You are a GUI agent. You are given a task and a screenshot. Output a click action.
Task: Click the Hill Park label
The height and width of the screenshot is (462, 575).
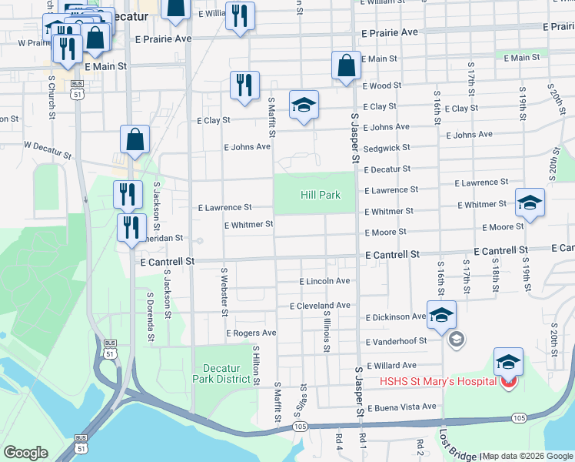coord(320,195)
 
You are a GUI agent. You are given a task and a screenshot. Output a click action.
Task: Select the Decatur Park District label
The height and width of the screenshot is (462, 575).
coord(222,373)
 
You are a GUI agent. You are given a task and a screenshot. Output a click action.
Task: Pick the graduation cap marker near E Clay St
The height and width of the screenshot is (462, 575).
coord(304,105)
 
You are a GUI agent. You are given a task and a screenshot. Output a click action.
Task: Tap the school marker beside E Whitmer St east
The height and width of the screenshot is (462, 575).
coord(530,203)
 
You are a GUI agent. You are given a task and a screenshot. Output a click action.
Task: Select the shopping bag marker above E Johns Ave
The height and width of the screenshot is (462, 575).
coord(135,140)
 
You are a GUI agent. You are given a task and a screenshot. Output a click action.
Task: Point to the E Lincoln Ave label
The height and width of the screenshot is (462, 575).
coord(324,282)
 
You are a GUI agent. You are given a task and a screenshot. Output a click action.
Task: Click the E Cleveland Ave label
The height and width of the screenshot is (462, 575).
coord(320,306)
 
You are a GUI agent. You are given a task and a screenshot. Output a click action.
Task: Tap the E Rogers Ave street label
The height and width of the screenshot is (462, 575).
coord(251,333)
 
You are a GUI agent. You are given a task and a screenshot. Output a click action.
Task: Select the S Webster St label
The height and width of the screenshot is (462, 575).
coord(224,292)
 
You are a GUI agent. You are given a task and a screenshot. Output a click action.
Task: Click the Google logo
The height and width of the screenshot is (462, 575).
coord(25,453)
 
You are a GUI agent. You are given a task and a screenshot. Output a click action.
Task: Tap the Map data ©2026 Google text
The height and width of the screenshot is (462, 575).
coord(527,456)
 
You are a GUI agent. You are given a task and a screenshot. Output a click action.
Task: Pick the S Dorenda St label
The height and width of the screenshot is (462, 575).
coord(151,316)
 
